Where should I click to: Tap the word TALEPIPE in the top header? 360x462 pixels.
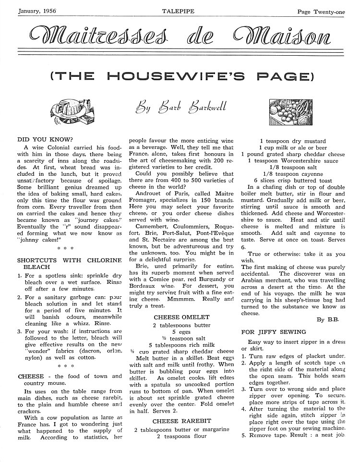[x=178, y=11]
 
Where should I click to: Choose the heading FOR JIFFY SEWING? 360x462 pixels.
[x=273, y=332]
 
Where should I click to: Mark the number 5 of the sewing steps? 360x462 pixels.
[x=244, y=436]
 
